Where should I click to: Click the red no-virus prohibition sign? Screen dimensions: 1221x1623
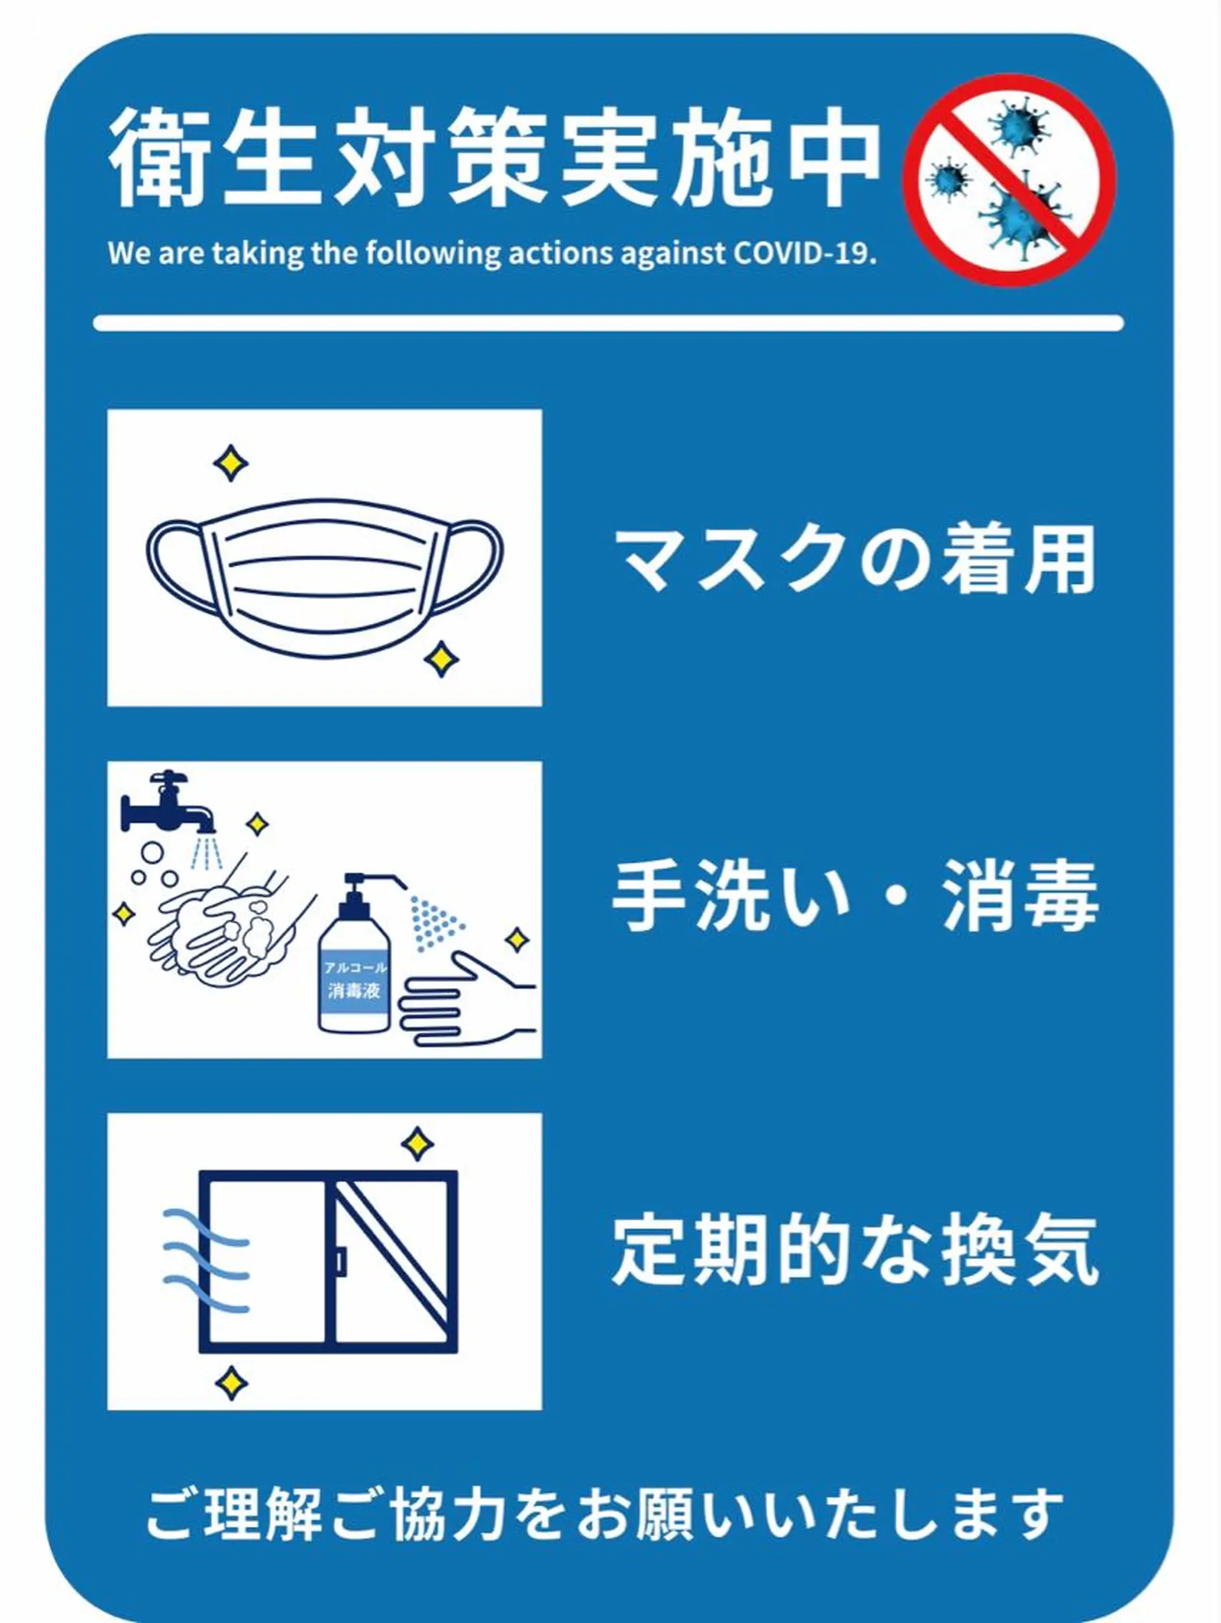click(x=1009, y=180)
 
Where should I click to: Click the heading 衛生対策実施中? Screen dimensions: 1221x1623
click(x=495, y=156)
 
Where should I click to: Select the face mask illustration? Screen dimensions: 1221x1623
click(x=324, y=580)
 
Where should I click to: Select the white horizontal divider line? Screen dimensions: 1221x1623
click(x=609, y=323)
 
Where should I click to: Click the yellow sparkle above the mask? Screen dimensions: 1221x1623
click(x=231, y=463)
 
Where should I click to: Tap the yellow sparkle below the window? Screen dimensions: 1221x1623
click(x=232, y=1382)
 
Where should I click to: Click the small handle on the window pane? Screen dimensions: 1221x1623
click(x=340, y=1261)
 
